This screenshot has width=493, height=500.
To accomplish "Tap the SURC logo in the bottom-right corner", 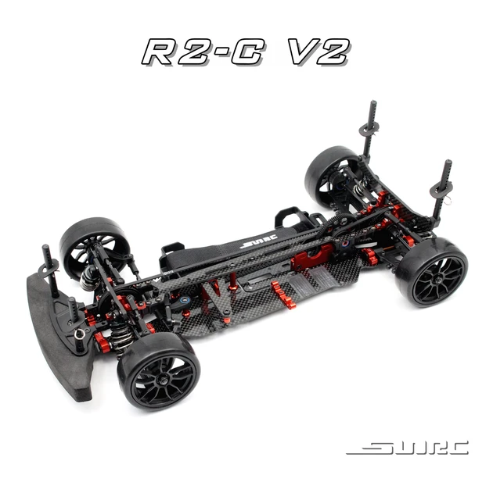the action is pyautogui.click(x=407, y=448).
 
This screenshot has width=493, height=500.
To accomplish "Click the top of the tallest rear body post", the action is pyautogui.click(x=372, y=105).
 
